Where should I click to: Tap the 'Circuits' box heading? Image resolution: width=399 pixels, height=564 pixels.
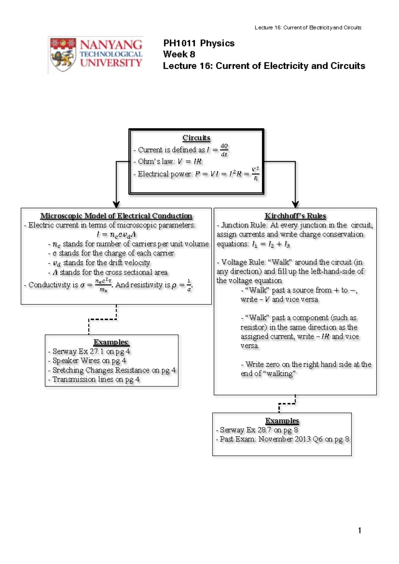[x=196, y=138]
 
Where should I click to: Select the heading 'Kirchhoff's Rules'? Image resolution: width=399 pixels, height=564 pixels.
[x=295, y=216]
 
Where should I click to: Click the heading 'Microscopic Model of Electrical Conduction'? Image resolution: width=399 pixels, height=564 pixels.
[x=116, y=216]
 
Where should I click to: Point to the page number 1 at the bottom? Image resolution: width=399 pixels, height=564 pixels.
[x=359, y=531]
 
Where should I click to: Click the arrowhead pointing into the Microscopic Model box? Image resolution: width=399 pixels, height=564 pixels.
[x=116, y=204]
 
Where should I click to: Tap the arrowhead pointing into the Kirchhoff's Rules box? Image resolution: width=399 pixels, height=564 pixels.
[x=295, y=204]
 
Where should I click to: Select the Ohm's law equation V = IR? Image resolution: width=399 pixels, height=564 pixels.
[x=190, y=161]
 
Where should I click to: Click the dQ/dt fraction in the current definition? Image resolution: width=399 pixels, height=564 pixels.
[x=224, y=150]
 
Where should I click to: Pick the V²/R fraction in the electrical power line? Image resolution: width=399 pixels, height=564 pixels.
[x=256, y=174]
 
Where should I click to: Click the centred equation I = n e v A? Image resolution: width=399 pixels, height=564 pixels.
[x=116, y=235]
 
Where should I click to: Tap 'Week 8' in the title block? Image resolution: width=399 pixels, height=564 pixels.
[x=179, y=54]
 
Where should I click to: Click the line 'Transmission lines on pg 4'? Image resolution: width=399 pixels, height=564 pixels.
[x=94, y=379]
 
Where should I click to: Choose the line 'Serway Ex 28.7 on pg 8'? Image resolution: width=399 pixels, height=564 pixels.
[x=257, y=430]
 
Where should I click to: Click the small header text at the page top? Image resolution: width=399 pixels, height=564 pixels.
[x=308, y=28]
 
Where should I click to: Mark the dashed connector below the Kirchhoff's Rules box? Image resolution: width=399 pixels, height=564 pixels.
[x=287, y=404]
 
